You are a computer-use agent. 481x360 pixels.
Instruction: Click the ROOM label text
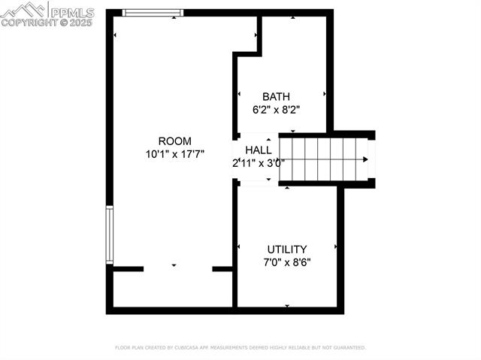tap(174, 141)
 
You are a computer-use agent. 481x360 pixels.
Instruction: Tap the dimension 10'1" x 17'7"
tap(174, 153)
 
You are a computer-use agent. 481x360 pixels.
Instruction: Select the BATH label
tap(276, 96)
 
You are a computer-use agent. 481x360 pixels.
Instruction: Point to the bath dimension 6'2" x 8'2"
tap(276, 109)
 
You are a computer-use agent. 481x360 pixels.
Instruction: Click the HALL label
tap(258, 150)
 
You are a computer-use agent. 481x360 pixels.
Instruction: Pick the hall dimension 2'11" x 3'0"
tap(258, 162)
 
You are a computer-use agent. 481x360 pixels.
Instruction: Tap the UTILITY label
tap(287, 250)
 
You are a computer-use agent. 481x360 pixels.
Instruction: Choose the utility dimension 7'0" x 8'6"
tap(287, 262)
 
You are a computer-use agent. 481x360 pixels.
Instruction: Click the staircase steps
tap(319, 159)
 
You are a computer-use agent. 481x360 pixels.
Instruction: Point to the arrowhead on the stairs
tap(365, 159)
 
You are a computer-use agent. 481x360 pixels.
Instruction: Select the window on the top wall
tap(153, 12)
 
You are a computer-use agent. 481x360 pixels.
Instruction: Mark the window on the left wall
tap(110, 235)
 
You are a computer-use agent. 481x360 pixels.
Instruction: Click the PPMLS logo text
tap(71, 11)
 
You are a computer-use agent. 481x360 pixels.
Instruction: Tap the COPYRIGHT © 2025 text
tap(47, 23)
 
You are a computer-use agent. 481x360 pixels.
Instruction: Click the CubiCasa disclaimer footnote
tap(240, 348)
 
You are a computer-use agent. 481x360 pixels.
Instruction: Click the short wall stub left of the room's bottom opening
tap(128, 268)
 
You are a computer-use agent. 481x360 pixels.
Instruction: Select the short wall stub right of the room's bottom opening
tap(222, 268)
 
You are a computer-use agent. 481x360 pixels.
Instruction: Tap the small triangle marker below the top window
tap(174, 17)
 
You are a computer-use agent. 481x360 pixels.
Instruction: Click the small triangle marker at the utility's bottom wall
tap(287, 306)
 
